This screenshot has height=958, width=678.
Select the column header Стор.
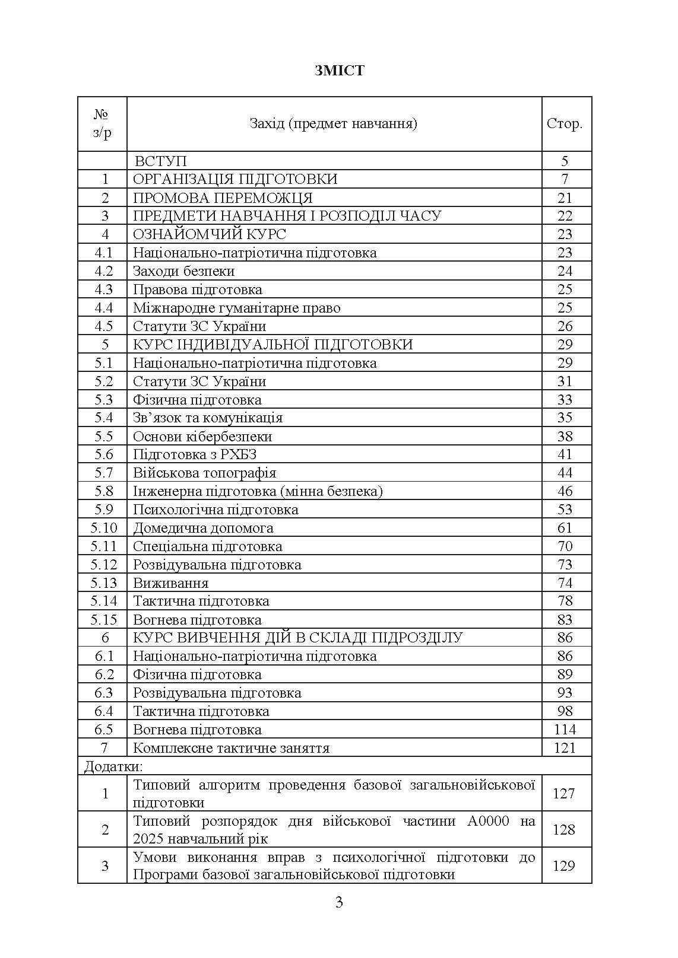point(564,124)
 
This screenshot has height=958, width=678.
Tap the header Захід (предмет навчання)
point(334,124)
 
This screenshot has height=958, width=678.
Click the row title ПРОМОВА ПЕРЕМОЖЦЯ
point(223,198)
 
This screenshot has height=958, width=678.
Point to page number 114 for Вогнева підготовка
point(564,730)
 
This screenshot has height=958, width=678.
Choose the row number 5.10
point(103,528)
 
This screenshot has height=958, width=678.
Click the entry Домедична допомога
point(203,528)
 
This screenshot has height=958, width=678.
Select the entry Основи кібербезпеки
point(202,437)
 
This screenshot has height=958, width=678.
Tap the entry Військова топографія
point(204,473)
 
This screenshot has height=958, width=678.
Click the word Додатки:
point(113,766)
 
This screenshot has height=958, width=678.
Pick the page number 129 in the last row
point(564,866)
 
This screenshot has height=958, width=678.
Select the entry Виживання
point(171,583)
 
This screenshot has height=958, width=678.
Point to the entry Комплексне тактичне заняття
point(231,748)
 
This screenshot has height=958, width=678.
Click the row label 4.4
point(103,308)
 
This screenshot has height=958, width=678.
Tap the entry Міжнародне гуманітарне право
point(236,308)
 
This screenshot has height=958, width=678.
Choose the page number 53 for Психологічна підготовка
point(565,510)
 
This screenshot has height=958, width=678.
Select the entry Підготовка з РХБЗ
point(195,454)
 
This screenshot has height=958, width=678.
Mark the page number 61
point(565,528)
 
